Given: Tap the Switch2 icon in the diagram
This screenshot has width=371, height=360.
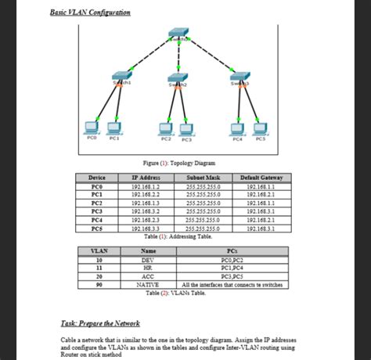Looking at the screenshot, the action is coord(178,81).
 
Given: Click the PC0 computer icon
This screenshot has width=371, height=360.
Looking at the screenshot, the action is coord(91,128).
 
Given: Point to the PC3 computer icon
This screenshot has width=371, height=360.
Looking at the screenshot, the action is coord(186,128).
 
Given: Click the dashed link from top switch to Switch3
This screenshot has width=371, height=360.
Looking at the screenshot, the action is coord(209,56).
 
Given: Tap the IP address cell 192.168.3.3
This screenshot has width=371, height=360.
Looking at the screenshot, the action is coord(146,229).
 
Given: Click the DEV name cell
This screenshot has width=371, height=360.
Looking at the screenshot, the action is coord(148,259).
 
